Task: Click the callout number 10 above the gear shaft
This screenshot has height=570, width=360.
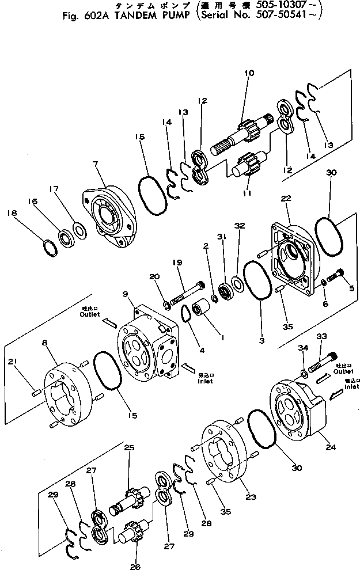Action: click(249, 73)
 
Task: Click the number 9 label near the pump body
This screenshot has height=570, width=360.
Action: click(126, 295)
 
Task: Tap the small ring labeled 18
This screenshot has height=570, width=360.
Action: click(49, 248)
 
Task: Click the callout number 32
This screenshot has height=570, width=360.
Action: click(241, 226)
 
